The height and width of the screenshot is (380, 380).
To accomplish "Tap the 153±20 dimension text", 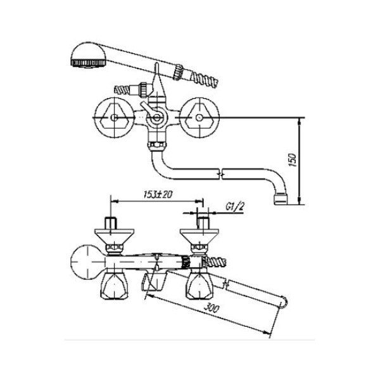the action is pos(158,194).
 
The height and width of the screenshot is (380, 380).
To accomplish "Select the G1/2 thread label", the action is pos(235,206).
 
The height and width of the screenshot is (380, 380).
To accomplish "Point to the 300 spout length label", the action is pos(212,308).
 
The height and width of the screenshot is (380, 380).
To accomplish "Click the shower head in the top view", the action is pos(89,55).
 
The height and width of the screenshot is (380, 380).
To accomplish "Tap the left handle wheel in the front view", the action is pos(113,118).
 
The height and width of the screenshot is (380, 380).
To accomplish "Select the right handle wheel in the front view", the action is pos(199,118).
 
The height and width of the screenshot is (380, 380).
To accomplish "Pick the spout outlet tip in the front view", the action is pos(281,198).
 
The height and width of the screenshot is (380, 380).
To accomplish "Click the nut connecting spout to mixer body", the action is pos(157,146).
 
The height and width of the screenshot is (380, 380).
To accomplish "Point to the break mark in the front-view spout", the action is pos(221,174).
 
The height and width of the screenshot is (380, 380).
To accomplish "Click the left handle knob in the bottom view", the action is pos(114,286).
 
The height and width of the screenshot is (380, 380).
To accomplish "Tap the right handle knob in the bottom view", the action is pos(199,286).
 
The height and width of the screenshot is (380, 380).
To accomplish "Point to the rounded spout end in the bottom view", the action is pos(284,302).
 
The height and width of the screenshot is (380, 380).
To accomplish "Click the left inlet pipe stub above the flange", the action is pos(111,223).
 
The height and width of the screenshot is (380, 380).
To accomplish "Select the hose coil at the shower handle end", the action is pos(205,78).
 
